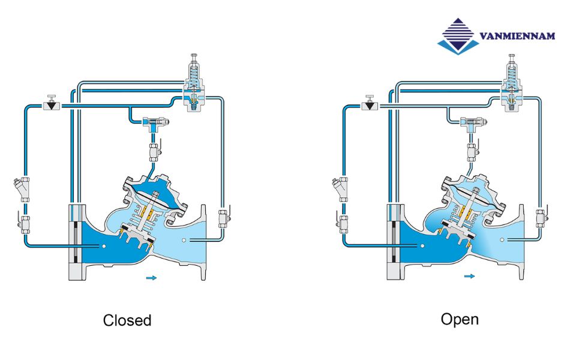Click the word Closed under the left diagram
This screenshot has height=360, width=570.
[127, 320]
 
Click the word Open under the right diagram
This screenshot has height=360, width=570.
[460, 319]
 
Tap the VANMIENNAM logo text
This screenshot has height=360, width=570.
[517, 37]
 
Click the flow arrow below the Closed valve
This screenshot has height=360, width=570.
[152, 278]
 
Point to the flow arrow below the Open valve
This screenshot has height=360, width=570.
[469, 277]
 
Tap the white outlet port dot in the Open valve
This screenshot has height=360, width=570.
[508, 240]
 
